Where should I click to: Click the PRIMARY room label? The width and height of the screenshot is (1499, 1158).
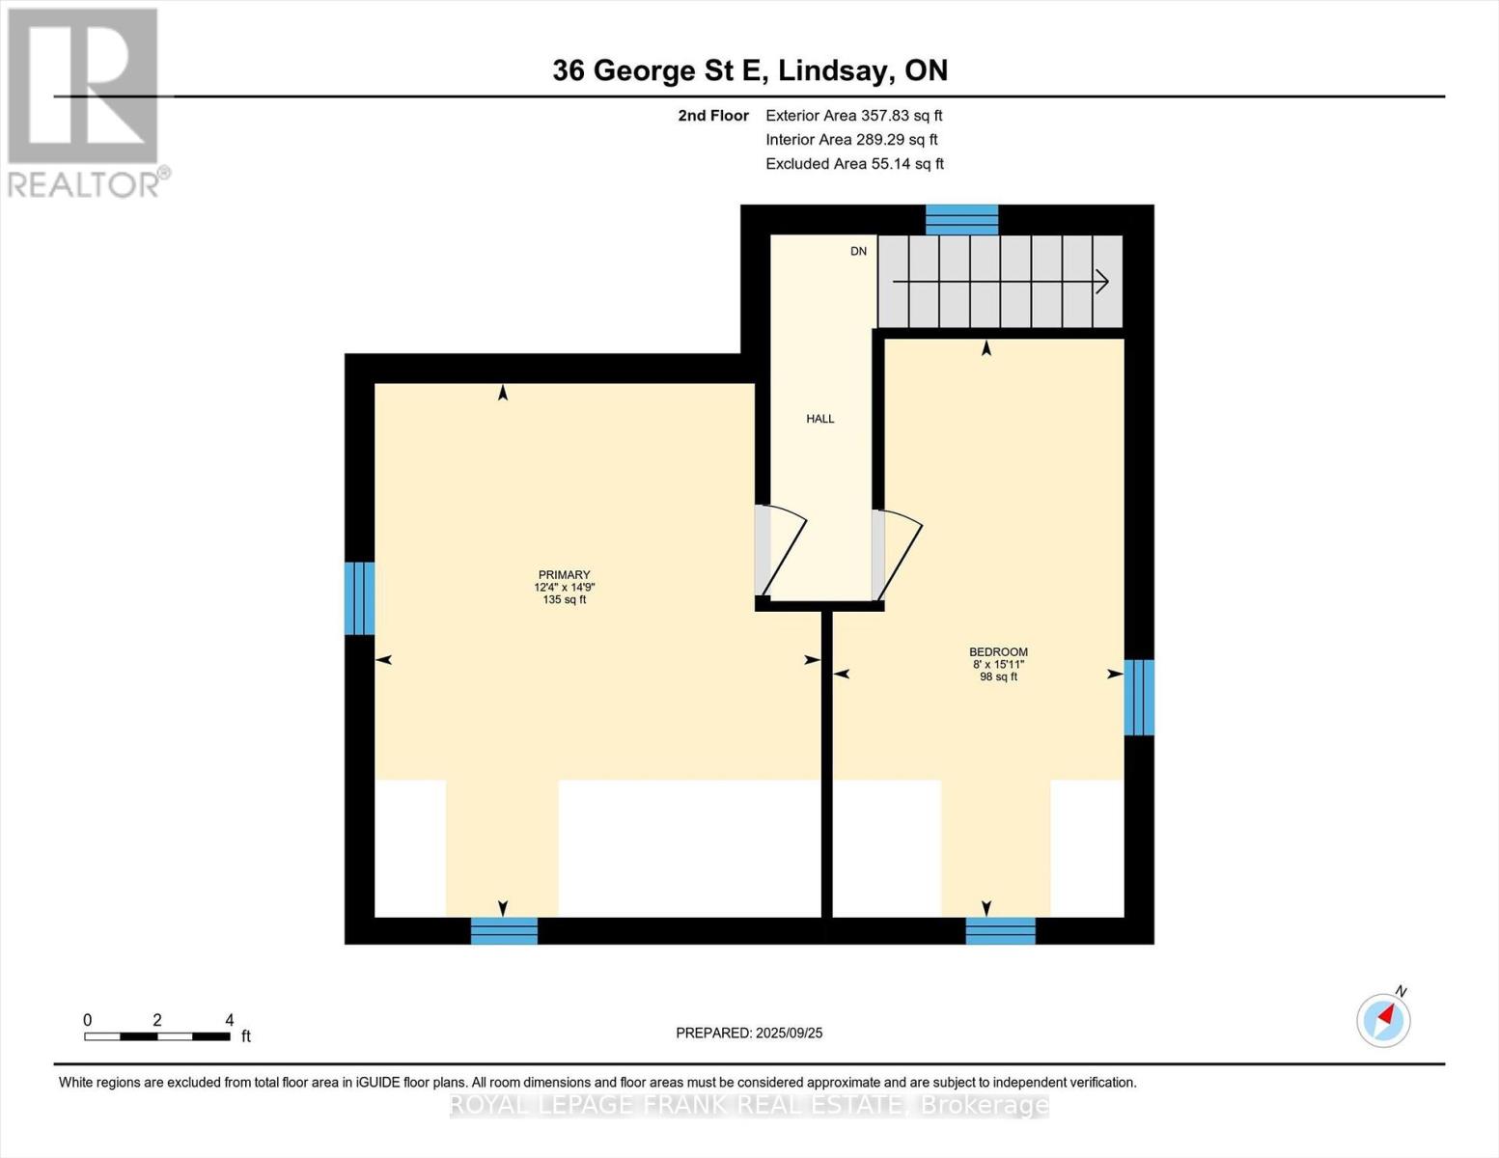point(564,574)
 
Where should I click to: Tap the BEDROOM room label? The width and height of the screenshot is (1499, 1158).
point(998,651)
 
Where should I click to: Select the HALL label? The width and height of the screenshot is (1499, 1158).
point(820,419)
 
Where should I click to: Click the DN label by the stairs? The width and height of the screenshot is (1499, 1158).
point(858,251)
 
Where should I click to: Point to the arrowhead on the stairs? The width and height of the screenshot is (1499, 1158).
point(1102,282)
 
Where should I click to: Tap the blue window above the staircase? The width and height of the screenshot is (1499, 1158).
point(961,219)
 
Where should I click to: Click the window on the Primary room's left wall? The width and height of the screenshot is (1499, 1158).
point(359,598)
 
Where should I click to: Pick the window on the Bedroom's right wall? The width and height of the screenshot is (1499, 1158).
point(1139,698)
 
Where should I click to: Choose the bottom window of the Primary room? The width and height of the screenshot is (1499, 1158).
point(504,930)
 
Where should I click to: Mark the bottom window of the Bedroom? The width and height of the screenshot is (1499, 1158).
point(1000,930)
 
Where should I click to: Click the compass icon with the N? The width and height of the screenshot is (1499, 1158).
point(1384,1020)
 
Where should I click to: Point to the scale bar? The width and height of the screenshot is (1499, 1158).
point(157,1036)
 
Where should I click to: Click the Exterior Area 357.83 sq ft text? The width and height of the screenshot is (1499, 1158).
point(854,116)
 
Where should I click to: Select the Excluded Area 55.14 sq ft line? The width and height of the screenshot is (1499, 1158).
point(854,164)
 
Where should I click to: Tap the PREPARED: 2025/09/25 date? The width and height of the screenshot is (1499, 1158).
point(749,1034)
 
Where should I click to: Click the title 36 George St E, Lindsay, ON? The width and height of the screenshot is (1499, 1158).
point(750,70)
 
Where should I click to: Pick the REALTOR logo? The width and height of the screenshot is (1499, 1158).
point(87,103)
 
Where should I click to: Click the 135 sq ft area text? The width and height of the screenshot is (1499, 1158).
point(565,600)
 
